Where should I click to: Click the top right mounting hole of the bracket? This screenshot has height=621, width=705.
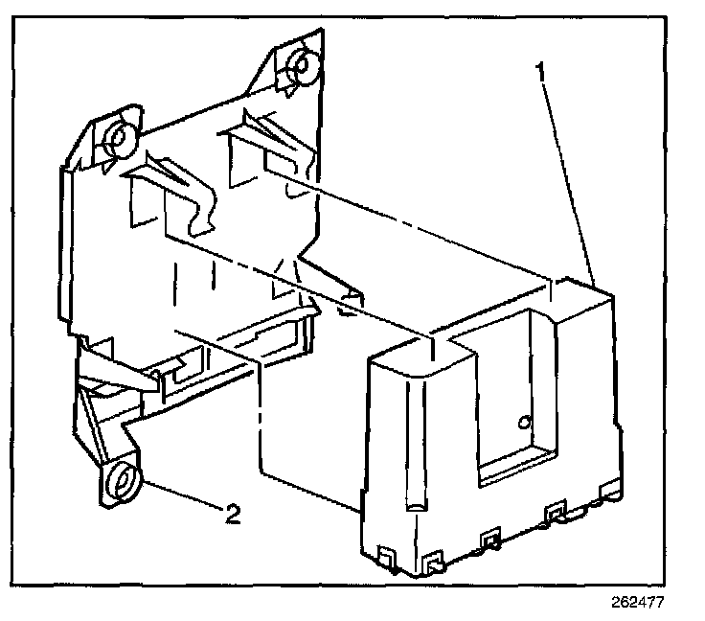298,65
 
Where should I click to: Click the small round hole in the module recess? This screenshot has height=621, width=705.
523,420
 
